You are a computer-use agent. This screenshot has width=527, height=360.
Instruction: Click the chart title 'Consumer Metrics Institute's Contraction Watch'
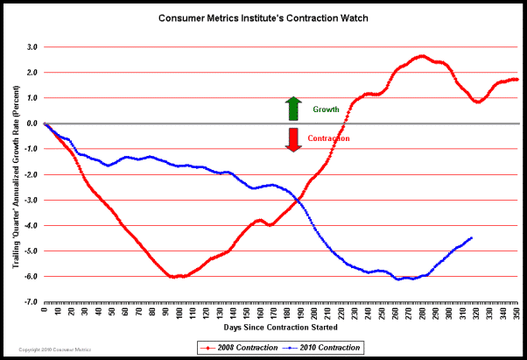(x=263, y=18)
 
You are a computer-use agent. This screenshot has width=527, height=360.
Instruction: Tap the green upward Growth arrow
(x=293, y=109)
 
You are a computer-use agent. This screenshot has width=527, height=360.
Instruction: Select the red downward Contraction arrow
(x=293, y=138)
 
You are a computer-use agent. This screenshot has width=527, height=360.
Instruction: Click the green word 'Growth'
(x=326, y=110)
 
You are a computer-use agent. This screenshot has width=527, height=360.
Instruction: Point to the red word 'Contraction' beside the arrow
(x=328, y=138)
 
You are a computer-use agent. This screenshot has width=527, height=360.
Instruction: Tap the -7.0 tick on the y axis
(x=30, y=302)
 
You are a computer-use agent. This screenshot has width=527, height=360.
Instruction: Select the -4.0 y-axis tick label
(x=30, y=226)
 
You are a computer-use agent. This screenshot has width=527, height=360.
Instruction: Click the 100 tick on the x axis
(x=179, y=312)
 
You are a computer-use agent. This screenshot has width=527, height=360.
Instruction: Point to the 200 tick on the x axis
(x=314, y=312)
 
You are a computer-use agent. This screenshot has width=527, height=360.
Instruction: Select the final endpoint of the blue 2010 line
(x=472, y=237)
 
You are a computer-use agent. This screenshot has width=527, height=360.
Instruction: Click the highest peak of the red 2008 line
(x=423, y=56)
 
